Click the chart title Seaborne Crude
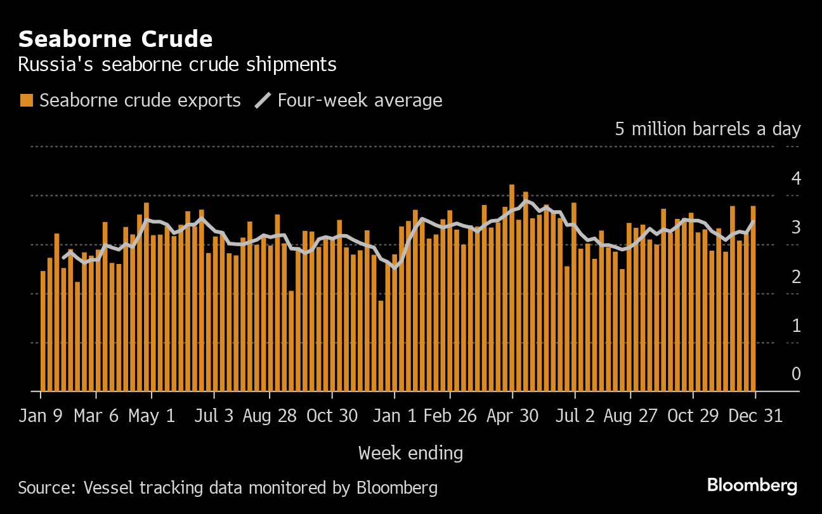click(115, 39)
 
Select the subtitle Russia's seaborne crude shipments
click(177, 65)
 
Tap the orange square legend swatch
click(26, 100)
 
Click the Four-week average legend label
click(360, 100)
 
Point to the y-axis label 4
click(796, 178)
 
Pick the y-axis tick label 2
click(796, 277)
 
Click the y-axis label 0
click(796, 374)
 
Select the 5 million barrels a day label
click(707, 129)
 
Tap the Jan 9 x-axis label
click(41, 416)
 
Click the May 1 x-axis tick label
click(152, 416)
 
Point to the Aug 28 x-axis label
click(269, 416)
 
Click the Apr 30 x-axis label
click(512, 416)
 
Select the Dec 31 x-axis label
click(755, 416)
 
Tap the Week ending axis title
click(410, 453)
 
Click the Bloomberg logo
click(752, 486)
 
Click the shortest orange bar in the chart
click(381, 346)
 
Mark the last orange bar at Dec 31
click(753, 298)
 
